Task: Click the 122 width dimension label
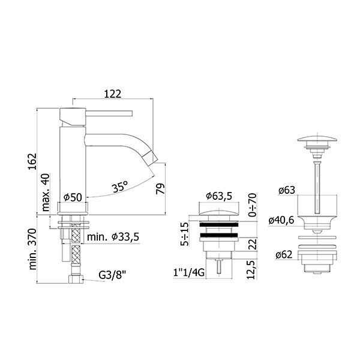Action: click(x=113, y=94)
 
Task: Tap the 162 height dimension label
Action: click(x=32, y=161)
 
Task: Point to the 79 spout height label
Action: click(x=160, y=189)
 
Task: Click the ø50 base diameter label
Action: click(x=73, y=197)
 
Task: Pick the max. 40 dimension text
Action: click(x=46, y=193)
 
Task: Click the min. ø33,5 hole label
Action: click(x=113, y=237)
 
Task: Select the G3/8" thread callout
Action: click(x=113, y=275)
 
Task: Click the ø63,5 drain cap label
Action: click(x=219, y=196)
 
